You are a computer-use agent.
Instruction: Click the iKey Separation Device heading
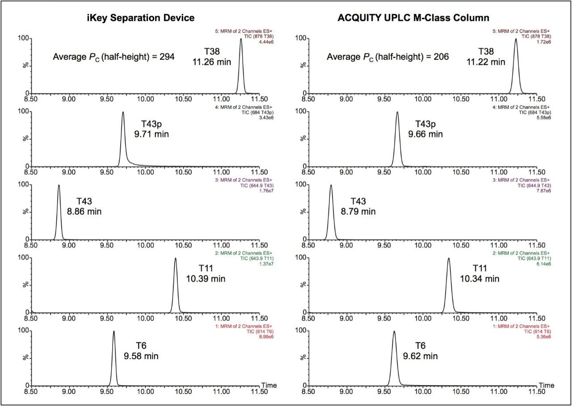[140, 18]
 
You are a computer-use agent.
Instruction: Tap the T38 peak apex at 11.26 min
[241, 39]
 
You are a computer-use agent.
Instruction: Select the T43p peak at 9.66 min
[397, 113]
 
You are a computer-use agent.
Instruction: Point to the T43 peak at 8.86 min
[59, 186]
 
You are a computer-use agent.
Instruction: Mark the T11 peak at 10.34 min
[448, 259]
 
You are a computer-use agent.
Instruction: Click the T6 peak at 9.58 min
[114, 332]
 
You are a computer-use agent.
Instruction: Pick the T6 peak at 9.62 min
[394, 332]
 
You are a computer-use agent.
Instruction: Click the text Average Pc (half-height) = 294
[114, 57]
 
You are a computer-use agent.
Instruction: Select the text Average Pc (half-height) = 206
[387, 57]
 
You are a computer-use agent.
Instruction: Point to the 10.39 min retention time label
[206, 279]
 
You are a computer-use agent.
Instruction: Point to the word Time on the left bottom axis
[269, 385]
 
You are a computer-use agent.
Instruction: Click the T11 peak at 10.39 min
[175, 259]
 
